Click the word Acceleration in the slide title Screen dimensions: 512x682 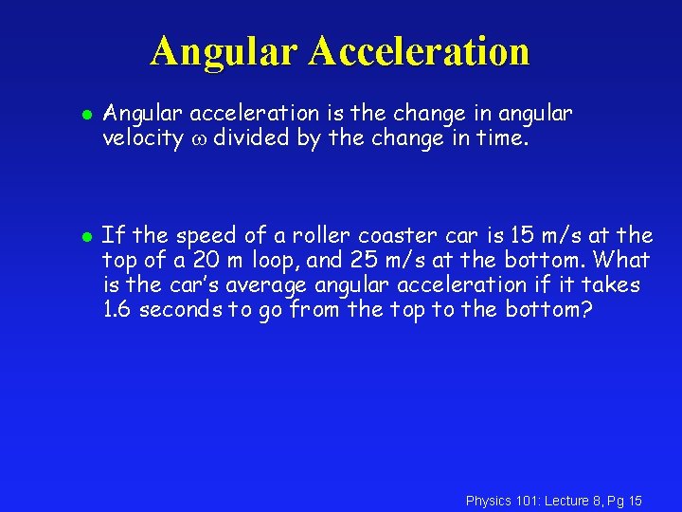pos(418,51)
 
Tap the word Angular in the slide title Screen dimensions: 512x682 pos(224,51)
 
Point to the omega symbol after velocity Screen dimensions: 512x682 pos(198,139)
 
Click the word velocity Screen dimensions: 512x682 pos(143,138)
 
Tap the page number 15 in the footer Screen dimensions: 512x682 pos(635,501)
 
